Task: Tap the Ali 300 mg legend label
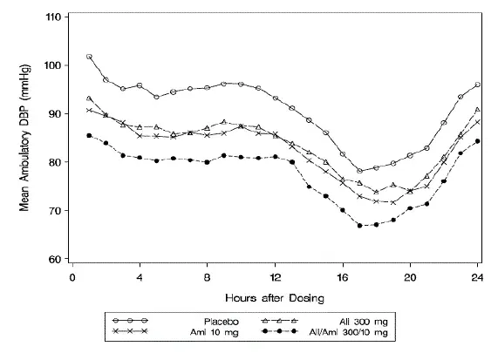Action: click(x=350, y=321)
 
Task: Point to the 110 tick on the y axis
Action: click(x=53, y=17)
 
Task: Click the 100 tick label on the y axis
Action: click(x=53, y=65)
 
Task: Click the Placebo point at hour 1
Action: click(x=89, y=57)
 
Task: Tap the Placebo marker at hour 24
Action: click(x=478, y=85)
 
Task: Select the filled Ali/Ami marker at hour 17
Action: click(x=359, y=226)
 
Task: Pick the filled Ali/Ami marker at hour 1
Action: click(x=89, y=135)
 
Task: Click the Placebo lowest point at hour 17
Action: click(x=359, y=171)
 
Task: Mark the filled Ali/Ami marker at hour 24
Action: click(x=478, y=141)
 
